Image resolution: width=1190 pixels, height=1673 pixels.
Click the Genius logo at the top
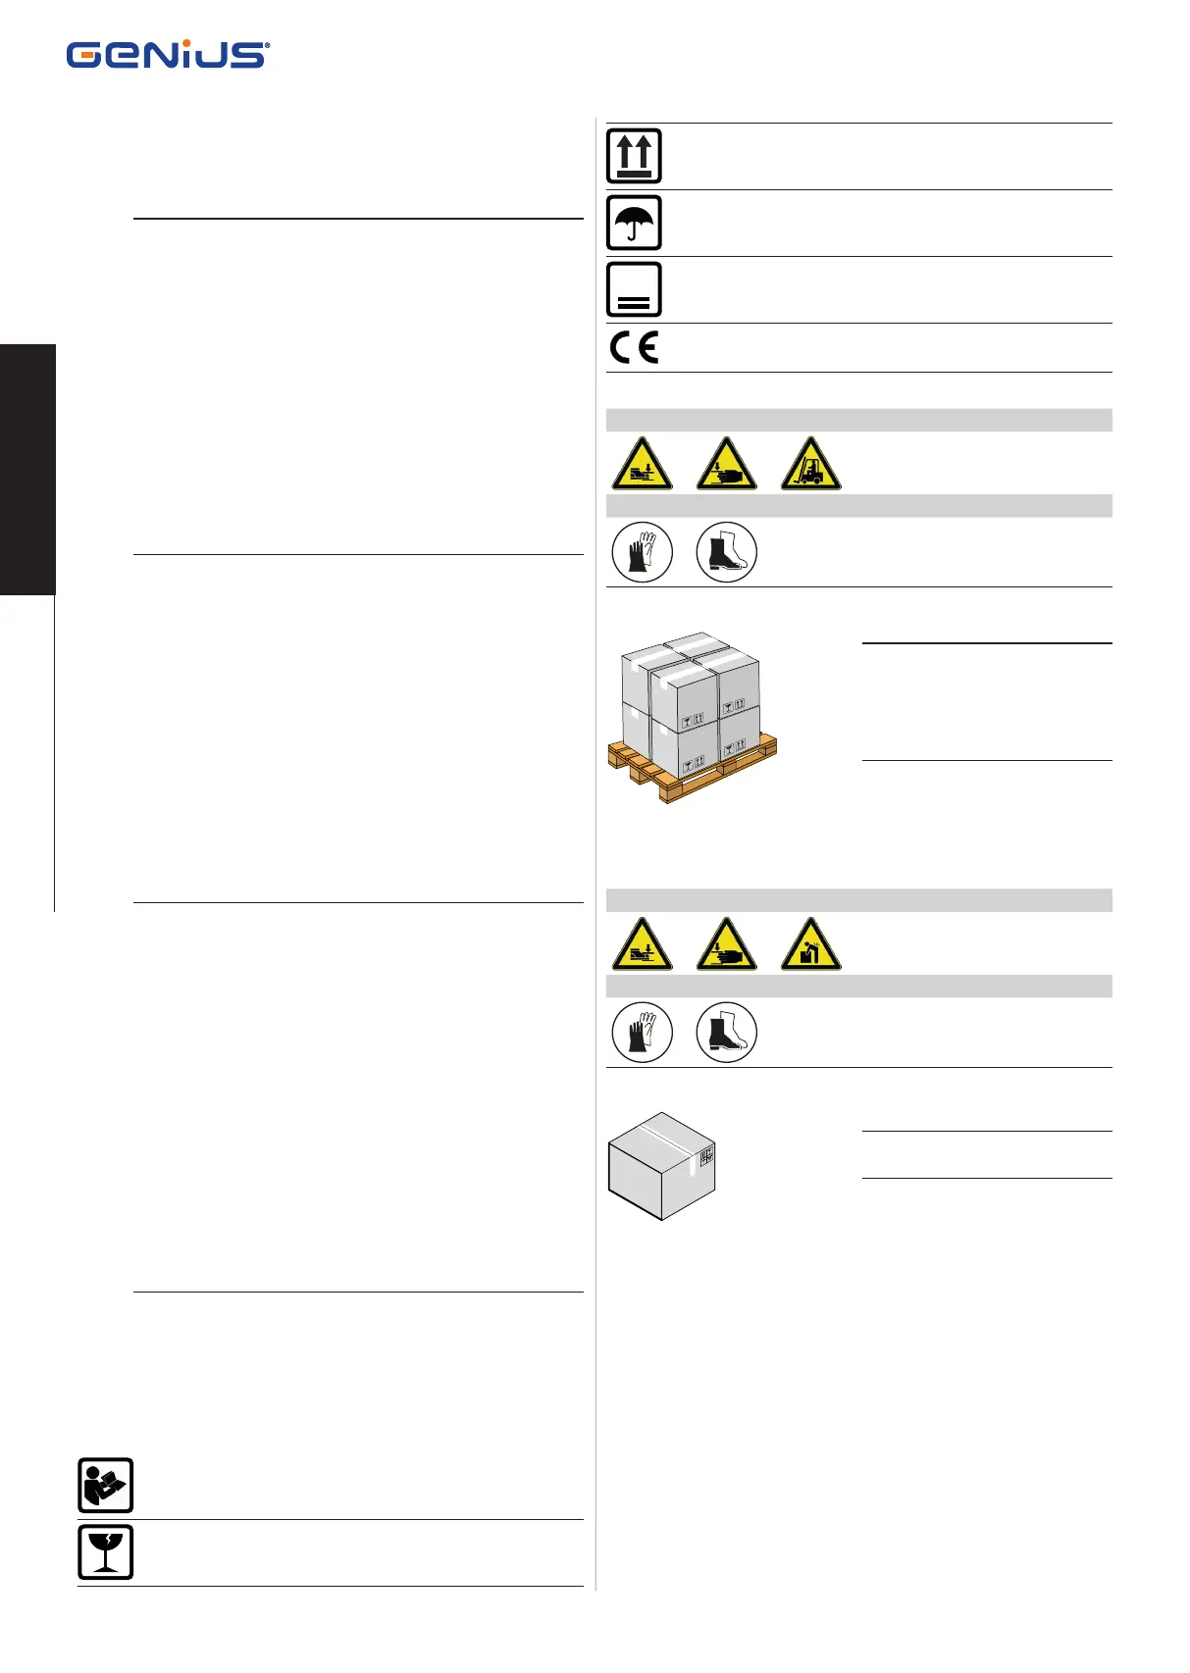click(x=168, y=55)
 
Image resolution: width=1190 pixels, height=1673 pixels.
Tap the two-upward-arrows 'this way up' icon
click(x=634, y=156)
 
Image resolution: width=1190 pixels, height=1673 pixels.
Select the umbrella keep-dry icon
click(x=634, y=223)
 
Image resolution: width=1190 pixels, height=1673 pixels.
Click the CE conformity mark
click(x=634, y=348)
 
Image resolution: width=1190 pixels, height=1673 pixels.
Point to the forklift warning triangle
click(x=811, y=465)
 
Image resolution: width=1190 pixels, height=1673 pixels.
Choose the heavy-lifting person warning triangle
click(x=811, y=945)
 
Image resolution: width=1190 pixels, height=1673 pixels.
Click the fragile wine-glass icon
click(x=105, y=1552)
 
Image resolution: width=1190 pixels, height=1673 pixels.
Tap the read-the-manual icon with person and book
click(x=105, y=1486)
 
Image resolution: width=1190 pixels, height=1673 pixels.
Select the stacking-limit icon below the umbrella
click(x=634, y=289)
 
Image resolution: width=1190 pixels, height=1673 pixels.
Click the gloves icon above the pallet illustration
click(x=642, y=552)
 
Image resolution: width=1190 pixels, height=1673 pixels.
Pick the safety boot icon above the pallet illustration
click(x=726, y=552)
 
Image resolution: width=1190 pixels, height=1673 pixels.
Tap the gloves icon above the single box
click(x=642, y=1033)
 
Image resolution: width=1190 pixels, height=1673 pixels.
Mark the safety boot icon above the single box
click(x=726, y=1033)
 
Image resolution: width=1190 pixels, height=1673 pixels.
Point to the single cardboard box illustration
click(x=661, y=1167)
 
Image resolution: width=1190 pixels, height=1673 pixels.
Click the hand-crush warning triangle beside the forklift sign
click(x=726, y=465)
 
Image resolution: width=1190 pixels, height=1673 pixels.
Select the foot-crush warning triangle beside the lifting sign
click(x=642, y=945)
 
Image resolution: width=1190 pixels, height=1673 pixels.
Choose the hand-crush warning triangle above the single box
click(x=726, y=945)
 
